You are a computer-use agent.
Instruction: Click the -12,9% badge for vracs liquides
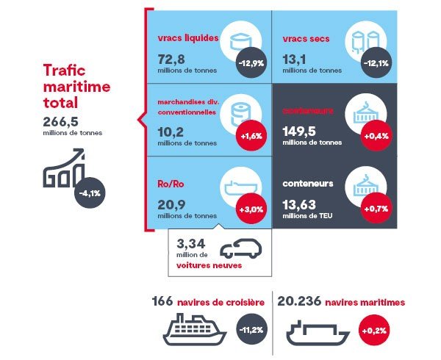coord(251,63)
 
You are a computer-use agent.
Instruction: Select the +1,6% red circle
coord(251,137)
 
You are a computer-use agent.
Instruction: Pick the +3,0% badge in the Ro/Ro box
coord(251,209)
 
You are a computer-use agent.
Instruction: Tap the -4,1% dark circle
coord(90,194)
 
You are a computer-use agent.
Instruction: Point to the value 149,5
coord(299,132)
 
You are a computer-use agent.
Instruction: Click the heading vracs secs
coord(306,38)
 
